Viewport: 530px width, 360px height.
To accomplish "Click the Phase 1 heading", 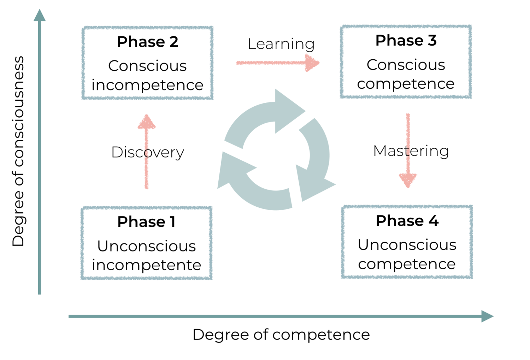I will pyautogui.click(x=146, y=222).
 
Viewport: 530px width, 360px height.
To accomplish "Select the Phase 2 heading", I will pyautogui.click(x=147, y=42).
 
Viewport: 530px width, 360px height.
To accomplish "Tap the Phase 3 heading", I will pyautogui.click(x=406, y=41).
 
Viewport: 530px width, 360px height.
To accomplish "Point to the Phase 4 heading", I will pyautogui.click(x=407, y=221).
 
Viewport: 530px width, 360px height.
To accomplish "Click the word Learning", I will pyautogui.click(x=281, y=44).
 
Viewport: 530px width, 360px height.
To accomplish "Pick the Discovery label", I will pyautogui.click(x=147, y=152).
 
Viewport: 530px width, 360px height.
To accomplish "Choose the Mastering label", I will pyautogui.click(x=411, y=151).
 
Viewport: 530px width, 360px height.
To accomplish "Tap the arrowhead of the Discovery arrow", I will pyautogui.click(x=147, y=122).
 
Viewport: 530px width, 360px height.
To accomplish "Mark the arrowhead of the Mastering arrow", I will pyautogui.click(x=408, y=180).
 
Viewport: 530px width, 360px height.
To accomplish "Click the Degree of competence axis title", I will pyautogui.click(x=281, y=335).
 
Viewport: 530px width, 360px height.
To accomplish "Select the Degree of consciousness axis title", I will pyautogui.click(x=18, y=151).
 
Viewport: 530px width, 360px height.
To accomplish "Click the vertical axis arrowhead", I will pyautogui.click(x=40, y=16).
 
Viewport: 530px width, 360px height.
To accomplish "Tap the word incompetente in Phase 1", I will pyautogui.click(x=146, y=265).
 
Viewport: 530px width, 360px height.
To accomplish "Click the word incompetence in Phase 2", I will pyautogui.click(x=147, y=85).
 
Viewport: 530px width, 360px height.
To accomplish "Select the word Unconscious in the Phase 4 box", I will pyautogui.click(x=407, y=245).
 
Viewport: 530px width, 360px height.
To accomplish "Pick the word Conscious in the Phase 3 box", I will pyautogui.click(x=406, y=65).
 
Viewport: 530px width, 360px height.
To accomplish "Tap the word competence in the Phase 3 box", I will pyautogui.click(x=406, y=84).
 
